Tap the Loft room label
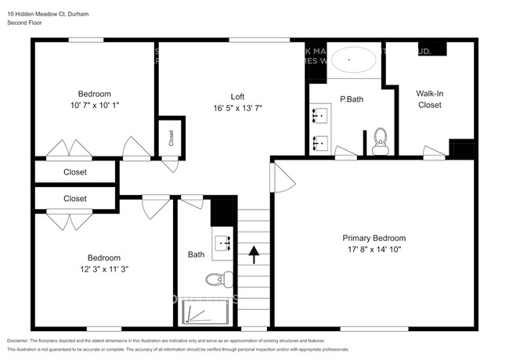click(237, 96)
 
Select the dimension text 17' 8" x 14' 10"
click(374, 250)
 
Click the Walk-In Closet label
click(429, 99)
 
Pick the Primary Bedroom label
click(374, 238)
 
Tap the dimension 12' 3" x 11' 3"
click(103, 269)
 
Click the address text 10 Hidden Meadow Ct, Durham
click(48, 13)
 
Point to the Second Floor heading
click(24, 23)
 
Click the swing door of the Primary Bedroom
click(283, 178)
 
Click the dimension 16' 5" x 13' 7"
click(237, 108)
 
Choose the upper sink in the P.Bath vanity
click(319, 117)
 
